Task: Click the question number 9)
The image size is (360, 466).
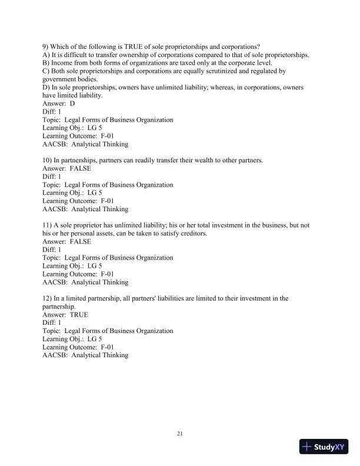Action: click(x=46, y=47)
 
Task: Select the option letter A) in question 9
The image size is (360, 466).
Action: click(x=46, y=55)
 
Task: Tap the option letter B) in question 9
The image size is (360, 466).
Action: click(x=46, y=63)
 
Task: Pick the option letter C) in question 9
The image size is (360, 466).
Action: click(x=46, y=71)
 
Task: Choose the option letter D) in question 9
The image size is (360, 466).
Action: click(x=46, y=88)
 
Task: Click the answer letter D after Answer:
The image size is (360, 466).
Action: click(x=72, y=104)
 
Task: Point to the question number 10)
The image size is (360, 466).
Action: click(x=48, y=160)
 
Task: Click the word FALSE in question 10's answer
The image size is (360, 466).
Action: click(x=80, y=168)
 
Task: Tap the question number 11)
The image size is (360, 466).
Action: click(x=48, y=225)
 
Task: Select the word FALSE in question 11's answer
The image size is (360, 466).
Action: click(x=80, y=241)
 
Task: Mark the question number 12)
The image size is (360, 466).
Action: click(x=48, y=298)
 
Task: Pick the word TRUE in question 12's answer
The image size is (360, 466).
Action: click(x=79, y=315)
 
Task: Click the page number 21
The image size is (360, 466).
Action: click(x=180, y=434)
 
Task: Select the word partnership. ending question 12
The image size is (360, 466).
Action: click(x=59, y=307)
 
